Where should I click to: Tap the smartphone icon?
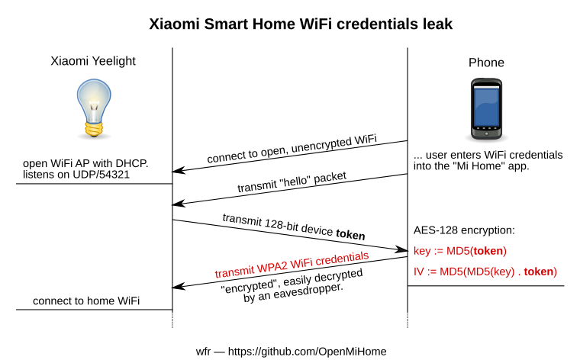(486, 110)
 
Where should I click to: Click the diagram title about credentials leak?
(290, 24)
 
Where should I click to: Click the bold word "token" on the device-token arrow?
(350, 236)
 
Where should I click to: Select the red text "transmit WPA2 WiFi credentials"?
(292, 264)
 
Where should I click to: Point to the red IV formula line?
(485, 272)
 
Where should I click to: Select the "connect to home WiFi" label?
(86, 301)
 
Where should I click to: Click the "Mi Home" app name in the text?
(487, 166)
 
